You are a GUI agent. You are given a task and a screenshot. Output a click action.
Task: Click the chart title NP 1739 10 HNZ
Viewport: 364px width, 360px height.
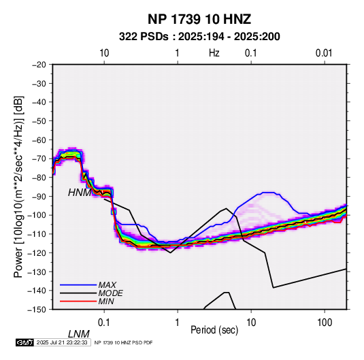coord(199,19)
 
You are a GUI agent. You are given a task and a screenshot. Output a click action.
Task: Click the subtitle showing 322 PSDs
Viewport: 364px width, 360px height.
coord(199,37)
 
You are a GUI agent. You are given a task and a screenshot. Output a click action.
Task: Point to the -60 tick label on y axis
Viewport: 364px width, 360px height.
coord(39,140)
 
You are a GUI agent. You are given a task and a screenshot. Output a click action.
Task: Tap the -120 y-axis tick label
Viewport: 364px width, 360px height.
coord(37,252)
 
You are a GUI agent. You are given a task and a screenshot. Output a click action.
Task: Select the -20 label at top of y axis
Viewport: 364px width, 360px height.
coord(39,65)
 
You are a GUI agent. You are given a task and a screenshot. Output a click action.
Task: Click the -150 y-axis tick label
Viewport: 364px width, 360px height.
coord(37,310)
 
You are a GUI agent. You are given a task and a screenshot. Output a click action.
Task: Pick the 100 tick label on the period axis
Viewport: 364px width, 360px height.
coord(325,323)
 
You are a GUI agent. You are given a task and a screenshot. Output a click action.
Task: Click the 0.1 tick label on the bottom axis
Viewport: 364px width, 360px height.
coord(104,323)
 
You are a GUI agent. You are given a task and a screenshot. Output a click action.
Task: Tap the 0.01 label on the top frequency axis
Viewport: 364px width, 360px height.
coord(324,53)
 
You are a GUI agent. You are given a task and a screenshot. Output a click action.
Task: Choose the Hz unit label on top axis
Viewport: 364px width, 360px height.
coord(214,53)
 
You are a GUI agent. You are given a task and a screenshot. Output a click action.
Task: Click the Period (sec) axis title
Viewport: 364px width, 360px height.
coord(214,330)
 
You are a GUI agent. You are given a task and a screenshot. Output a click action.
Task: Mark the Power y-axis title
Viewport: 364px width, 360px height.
coord(18,187)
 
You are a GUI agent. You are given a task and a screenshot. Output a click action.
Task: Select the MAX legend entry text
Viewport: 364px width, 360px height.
coord(107,285)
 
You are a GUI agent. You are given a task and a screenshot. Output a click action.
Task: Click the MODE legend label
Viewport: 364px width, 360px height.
coord(110,293)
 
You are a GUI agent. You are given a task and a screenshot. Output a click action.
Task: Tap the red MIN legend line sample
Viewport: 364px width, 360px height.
coord(78,301)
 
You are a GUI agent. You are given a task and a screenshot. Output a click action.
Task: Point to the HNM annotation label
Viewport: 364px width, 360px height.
coord(80,193)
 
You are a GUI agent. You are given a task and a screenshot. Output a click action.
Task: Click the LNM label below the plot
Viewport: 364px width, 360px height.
coord(79,334)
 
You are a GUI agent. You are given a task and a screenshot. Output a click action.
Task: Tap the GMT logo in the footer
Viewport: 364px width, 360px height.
coord(25,342)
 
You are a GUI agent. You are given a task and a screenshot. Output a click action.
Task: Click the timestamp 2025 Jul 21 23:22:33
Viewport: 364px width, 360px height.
coord(62,342)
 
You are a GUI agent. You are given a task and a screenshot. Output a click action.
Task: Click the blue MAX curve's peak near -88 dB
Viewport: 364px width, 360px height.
coord(269,193)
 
